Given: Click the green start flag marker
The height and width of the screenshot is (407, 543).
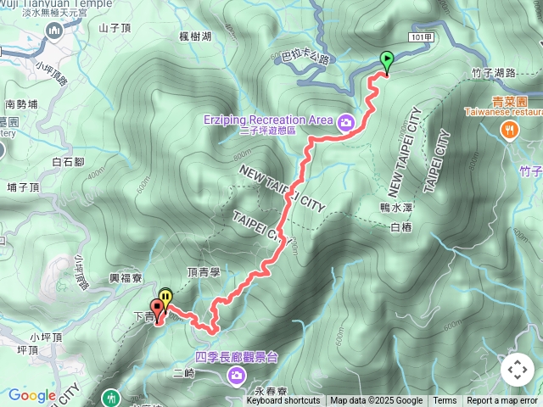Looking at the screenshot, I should (x=387, y=61).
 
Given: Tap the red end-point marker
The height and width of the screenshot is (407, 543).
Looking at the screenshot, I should (x=158, y=309).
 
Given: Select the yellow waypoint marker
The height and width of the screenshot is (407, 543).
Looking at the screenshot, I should (x=166, y=298).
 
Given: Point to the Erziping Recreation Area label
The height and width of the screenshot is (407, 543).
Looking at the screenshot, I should (x=267, y=120).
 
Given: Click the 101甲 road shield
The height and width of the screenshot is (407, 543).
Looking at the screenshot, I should (x=421, y=38).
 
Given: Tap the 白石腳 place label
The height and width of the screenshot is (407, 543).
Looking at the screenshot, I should (x=68, y=161).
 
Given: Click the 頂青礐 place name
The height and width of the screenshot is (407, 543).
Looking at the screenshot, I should (x=204, y=272).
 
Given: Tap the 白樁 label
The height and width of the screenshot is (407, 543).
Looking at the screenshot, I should (x=400, y=226).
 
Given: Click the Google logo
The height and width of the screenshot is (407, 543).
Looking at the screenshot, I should (x=31, y=395).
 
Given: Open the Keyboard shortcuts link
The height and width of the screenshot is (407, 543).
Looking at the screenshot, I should (x=283, y=401).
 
